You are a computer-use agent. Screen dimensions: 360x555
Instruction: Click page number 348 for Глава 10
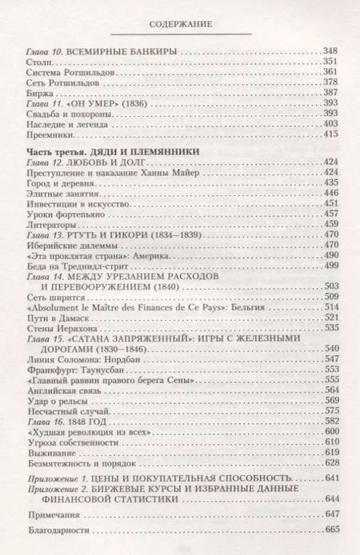point(330,50)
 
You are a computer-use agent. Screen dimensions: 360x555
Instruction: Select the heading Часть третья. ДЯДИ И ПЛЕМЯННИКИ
point(107,157)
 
